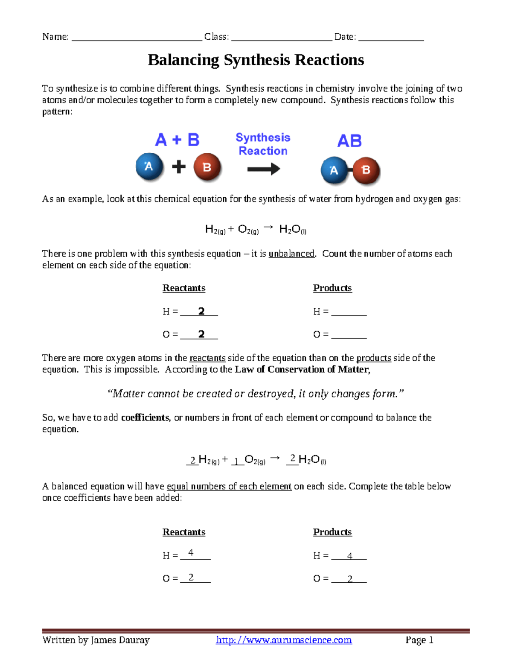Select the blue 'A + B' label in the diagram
(x=177, y=140)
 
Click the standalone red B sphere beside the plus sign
(x=207, y=167)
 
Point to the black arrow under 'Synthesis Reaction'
(x=263, y=169)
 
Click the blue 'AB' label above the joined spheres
(x=349, y=141)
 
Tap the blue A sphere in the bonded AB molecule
(x=334, y=170)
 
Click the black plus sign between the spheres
(x=179, y=167)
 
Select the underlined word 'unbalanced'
(x=291, y=254)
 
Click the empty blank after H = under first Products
(x=349, y=312)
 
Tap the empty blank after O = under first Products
(x=349, y=335)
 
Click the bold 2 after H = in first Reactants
(x=201, y=311)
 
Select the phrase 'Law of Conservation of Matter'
(x=302, y=369)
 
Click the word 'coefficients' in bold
(x=145, y=418)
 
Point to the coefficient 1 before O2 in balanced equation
(x=236, y=461)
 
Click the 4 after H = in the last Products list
(x=349, y=556)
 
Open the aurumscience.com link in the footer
(x=284, y=640)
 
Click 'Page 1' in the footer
(x=419, y=640)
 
